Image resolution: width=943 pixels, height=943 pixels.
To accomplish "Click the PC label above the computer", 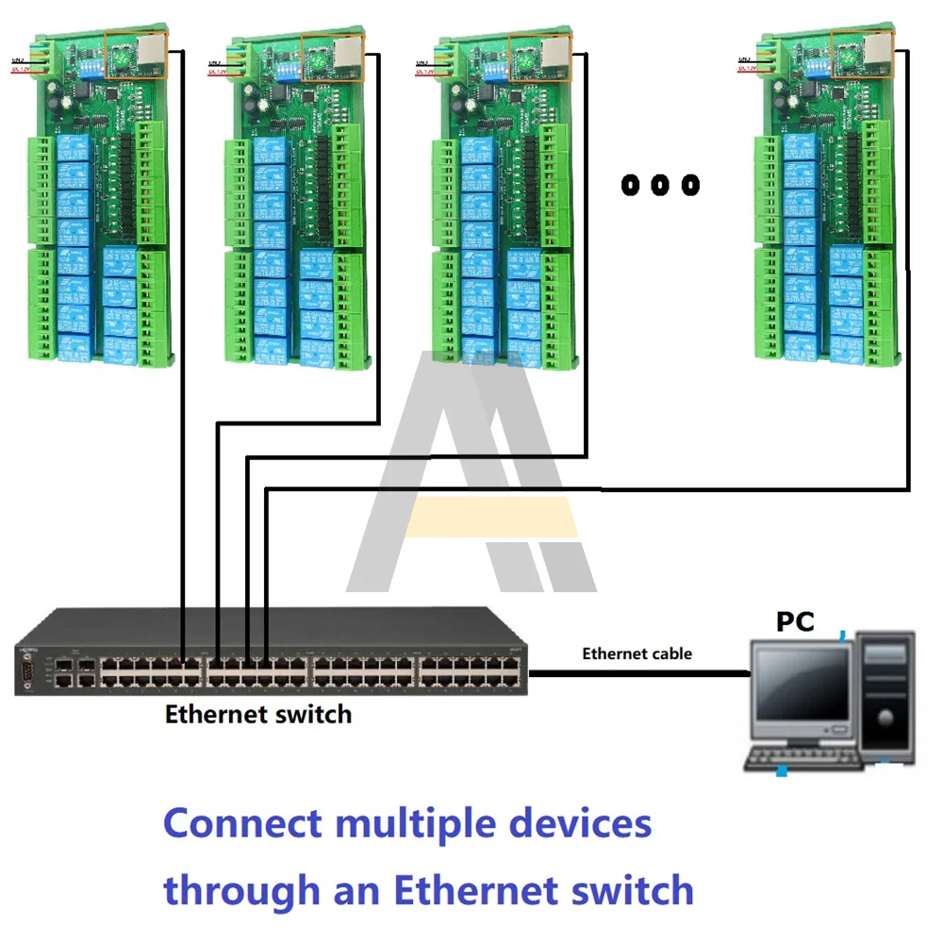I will tap(795, 621).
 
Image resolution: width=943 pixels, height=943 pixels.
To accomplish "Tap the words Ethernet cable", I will tap(637, 653).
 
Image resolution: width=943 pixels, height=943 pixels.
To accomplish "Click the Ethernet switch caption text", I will tap(257, 714).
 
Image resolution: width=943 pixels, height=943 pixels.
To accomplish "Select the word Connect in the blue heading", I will tap(242, 823).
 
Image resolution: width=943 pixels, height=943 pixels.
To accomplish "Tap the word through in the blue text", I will tap(241, 889).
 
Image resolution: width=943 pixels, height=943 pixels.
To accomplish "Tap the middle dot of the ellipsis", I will tap(660, 185).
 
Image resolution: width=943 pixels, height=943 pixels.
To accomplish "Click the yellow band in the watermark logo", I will tap(493, 517).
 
